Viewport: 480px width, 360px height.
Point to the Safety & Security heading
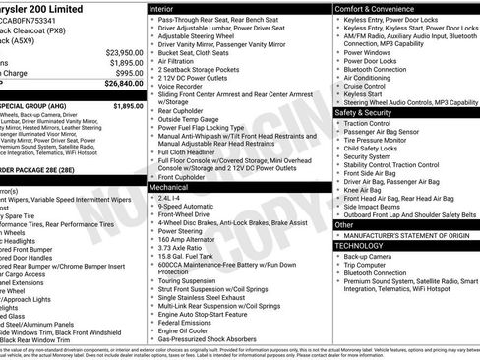click(369, 113)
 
